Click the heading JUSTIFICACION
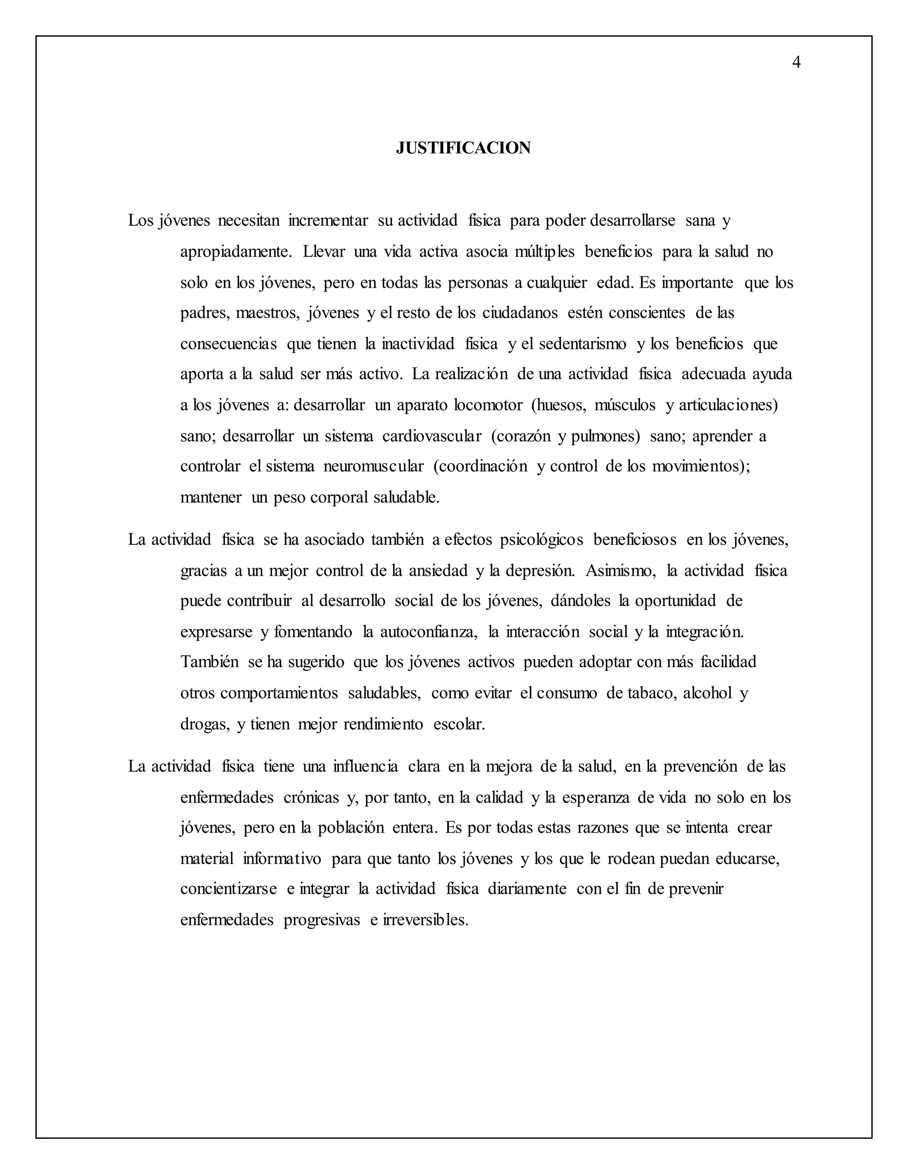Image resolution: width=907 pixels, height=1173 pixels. [463, 148]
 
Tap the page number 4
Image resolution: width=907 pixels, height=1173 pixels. [796, 63]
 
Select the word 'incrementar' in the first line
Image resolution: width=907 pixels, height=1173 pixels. [328, 220]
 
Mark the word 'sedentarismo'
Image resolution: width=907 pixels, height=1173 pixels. [582, 344]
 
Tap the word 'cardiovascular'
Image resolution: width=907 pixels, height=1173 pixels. [431, 436]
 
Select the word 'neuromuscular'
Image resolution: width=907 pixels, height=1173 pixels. [373, 466]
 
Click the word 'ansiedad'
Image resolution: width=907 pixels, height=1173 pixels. [438, 571]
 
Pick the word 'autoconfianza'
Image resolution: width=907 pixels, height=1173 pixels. [428, 632]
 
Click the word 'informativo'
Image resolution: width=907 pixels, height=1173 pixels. [282, 858]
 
